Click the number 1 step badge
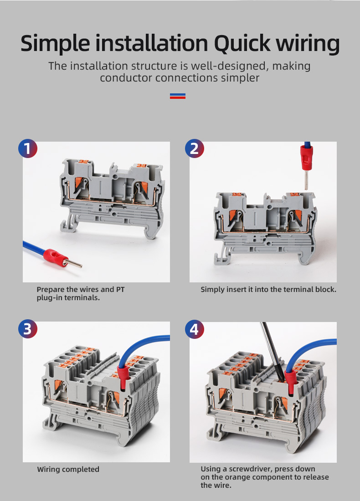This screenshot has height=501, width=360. pyautogui.click(x=27, y=148)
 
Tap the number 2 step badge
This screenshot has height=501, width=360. pyautogui.click(x=195, y=148)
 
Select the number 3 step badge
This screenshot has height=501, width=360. pyautogui.click(x=27, y=328)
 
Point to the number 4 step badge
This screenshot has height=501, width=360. pyautogui.click(x=195, y=328)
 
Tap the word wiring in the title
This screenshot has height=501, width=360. pyautogui.click(x=310, y=44)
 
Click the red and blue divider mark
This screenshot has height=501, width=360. pyautogui.click(x=177, y=96)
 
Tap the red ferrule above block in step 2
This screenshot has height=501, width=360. pyautogui.click(x=305, y=159)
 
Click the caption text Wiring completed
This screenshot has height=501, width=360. pyautogui.click(x=68, y=469)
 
